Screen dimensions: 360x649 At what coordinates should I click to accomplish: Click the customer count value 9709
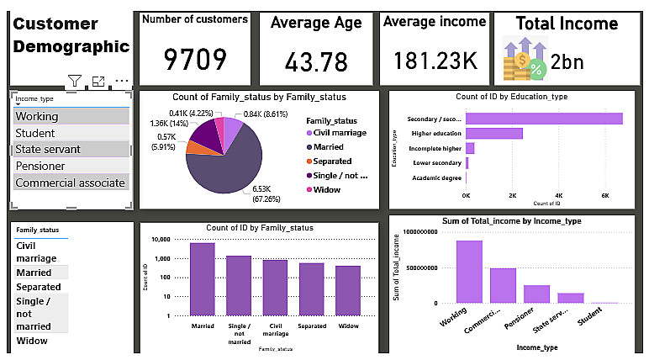click(x=195, y=60)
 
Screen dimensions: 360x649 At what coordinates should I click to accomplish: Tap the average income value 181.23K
click(x=434, y=61)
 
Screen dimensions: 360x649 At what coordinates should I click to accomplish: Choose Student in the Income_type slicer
click(x=35, y=133)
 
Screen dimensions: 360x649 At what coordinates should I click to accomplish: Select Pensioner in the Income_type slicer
click(x=40, y=166)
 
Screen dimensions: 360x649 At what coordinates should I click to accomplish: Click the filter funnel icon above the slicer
click(x=75, y=82)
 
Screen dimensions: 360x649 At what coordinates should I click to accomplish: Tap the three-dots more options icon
click(x=122, y=82)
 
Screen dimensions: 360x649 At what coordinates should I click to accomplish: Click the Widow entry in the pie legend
click(x=327, y=190)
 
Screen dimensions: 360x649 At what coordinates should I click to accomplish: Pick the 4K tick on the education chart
click(x=559, y=194)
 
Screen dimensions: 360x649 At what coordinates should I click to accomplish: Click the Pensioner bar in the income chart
click(x=536, y=294)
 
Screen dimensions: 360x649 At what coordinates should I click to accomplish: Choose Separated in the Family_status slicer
click(x=39, y=287)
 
